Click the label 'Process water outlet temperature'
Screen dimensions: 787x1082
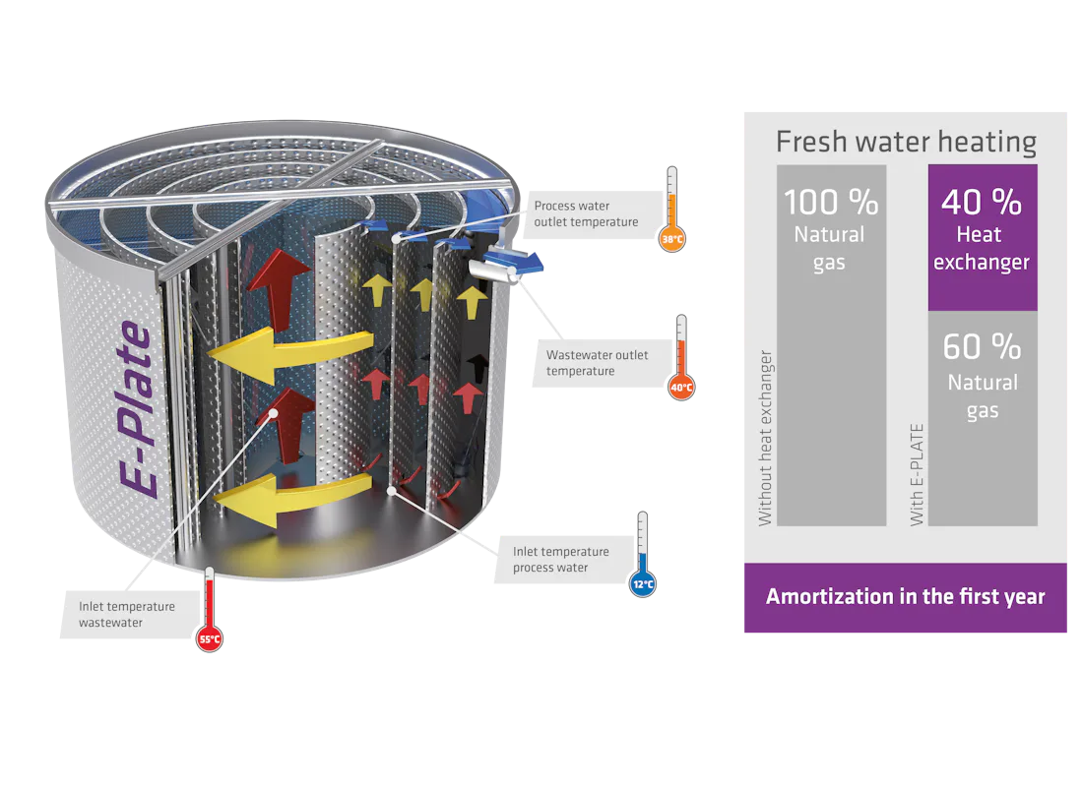coord(585,213)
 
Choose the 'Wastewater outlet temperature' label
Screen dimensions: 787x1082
coord(597,363)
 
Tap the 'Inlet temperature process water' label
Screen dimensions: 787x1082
coord(560,559)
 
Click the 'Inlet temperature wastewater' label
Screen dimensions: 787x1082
coord(127,615)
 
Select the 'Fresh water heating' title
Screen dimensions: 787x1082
coord(905,142)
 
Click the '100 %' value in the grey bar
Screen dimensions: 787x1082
coord(830,203)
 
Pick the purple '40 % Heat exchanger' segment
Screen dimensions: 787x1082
coord(982,236)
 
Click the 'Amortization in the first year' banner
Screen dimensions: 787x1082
coord(905,597)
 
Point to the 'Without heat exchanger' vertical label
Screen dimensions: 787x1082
coord(765,438)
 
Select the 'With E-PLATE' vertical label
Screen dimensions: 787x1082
coord(917,472)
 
